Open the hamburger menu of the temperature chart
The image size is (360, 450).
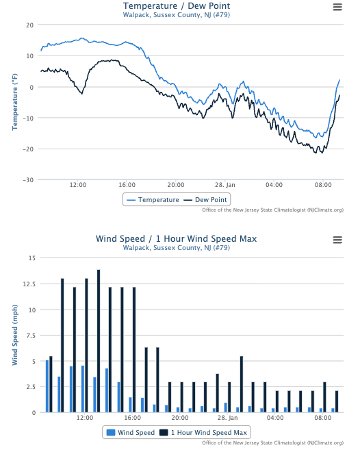pyautogui.click(x=337, y=7)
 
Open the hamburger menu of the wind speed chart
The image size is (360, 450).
pyautogui.click(x=337, y=239)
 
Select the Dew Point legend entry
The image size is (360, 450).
pyautogui.click(x=205, y=200)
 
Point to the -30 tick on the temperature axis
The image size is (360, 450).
pyautogui.click(x=29, y=180)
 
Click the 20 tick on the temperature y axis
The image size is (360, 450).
pyautogui.click(x=30, y=25)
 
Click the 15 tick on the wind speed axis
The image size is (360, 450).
pyautogui.click(x=31, y=258)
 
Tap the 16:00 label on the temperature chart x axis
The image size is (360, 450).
pyautogui.click(x=127, y=185)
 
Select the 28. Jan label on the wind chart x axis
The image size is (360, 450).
pyautogui.click(x=228, y=417)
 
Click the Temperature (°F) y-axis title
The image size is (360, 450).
pyautogui.click(x=14, y=103)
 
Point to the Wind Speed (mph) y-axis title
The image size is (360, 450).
pyautogui.click(x=14, y=335)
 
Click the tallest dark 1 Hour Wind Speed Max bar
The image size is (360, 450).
pyautogui.click(x=99, y=341)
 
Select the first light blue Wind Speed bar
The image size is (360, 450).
pyautogui.click(x=47, y=386)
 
